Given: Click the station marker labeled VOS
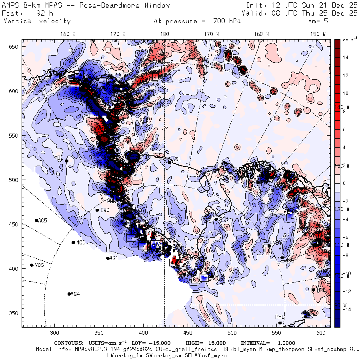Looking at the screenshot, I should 32,265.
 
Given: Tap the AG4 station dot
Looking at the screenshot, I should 69,294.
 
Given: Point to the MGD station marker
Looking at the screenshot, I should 73,242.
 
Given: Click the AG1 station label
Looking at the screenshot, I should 113,258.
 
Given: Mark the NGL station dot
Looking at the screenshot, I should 169,162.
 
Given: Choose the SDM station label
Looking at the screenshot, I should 224,219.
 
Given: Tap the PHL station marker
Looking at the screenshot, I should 280,322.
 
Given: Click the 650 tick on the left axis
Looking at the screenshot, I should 15,47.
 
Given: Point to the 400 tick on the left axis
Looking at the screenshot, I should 15,268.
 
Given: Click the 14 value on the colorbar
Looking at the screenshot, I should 345,58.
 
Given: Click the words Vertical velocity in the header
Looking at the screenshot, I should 37,21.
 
